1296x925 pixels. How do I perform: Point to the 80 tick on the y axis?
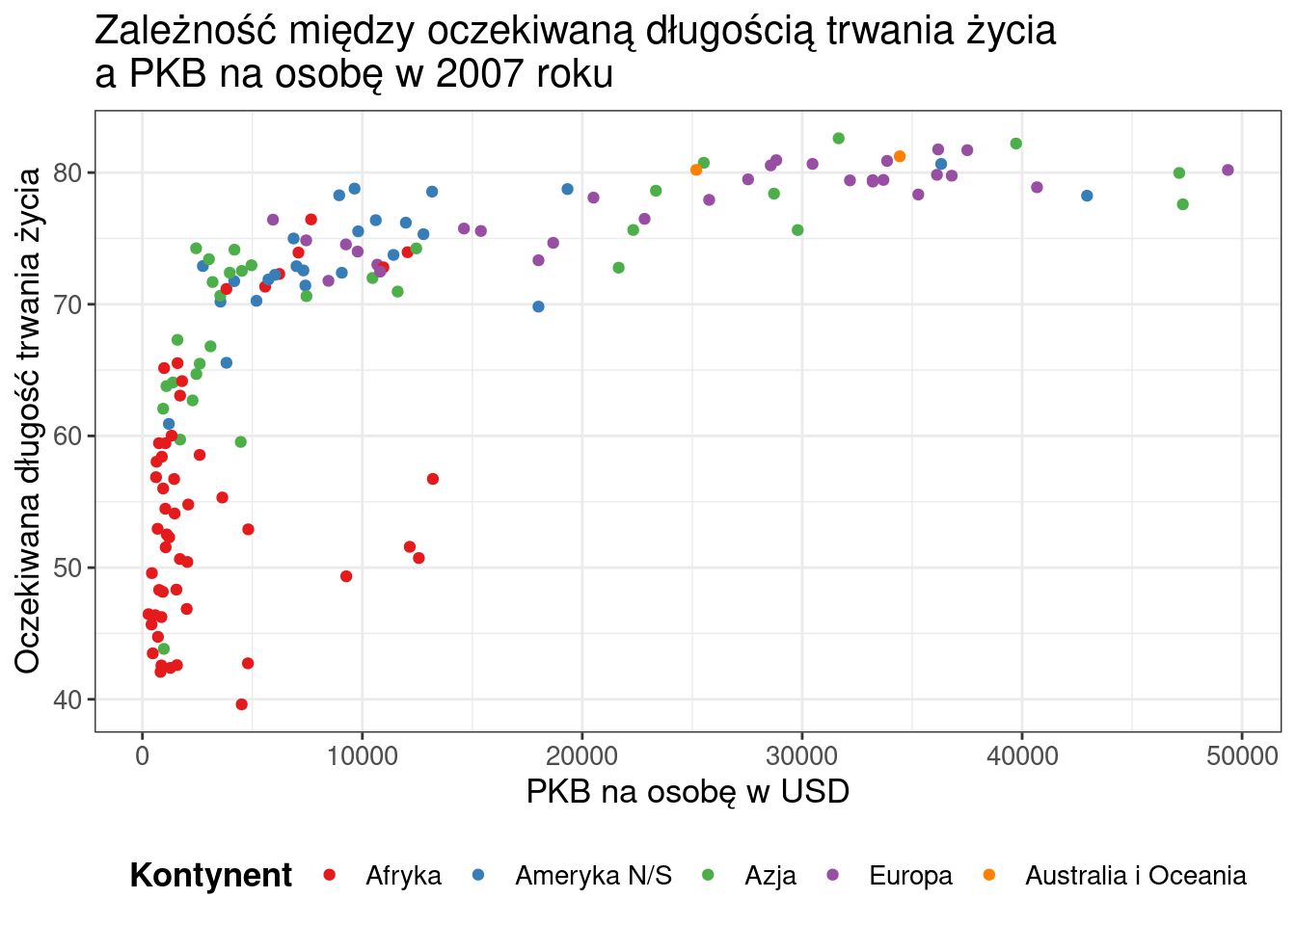(x=68, y=173)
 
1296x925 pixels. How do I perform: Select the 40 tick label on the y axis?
(x=68, y=700)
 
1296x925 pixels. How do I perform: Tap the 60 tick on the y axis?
(x=68, y=436)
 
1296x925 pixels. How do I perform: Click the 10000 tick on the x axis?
(x=362, y=755)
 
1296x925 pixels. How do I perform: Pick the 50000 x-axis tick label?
(x=1241, y=755)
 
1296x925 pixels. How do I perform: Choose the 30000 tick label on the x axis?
(x=801, y=755)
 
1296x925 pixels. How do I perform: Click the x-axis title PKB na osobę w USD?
(x=688, y=792)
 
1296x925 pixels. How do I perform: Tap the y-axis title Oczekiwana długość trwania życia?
(x=28, y=420)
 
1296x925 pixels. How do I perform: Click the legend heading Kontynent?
(x=210, y=876)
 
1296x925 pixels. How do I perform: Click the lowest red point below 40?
(x=241, y=704)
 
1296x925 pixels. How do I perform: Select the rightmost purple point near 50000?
(x=1228, y=171)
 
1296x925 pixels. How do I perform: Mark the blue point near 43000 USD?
(x=1087, y=196)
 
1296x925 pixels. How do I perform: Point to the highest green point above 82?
(x=838, y=139)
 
